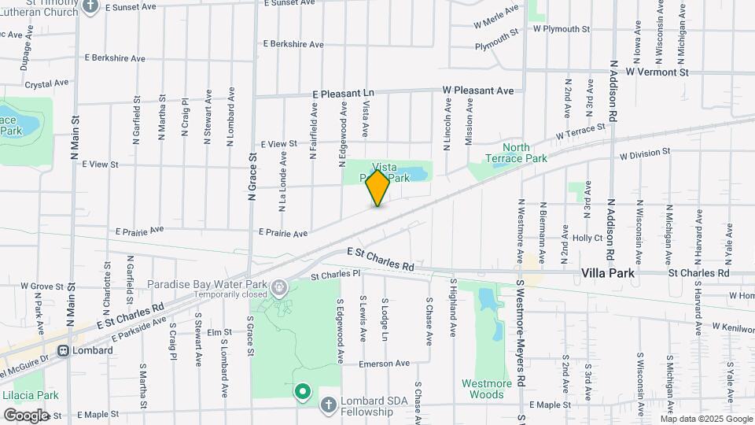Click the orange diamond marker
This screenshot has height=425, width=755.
(378, 187)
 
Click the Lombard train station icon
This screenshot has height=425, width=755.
(61, 350)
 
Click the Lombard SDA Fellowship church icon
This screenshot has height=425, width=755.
(329, 404)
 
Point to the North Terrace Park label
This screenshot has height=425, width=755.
(526, 153)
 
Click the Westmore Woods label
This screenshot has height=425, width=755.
(487, 389)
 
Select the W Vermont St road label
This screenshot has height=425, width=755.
(657, 72)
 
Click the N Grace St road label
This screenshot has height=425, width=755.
(253, 177)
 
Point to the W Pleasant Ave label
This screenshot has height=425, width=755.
(477, 91)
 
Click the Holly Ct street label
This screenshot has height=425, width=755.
(587, 238)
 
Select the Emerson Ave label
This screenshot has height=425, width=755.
(385, 364)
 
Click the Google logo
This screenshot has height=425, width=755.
(26, 415)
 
